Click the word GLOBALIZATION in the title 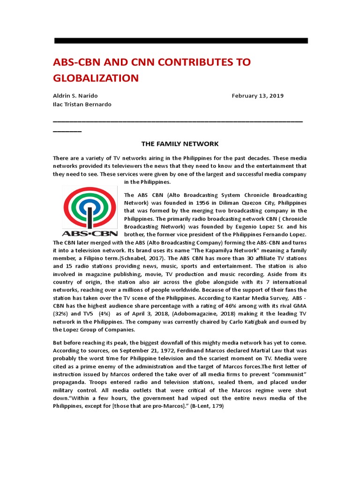(x=97, y=77)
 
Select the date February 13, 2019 (x=257, y=96)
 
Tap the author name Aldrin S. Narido (x=75, y=96)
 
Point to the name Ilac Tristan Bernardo (x=82, y=104)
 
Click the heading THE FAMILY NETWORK (x=180, y=143)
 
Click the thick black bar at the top (x=181, y=41)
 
